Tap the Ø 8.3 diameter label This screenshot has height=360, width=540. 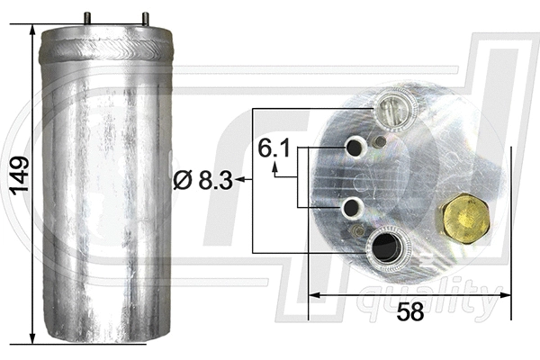(202, 181)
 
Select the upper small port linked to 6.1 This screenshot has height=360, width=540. (355, 146)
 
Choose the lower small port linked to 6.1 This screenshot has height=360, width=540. (351, 208)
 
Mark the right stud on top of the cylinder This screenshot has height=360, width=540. (144, 18)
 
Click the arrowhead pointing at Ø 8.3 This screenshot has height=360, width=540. (243, 181)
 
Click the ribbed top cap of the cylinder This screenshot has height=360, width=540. (106, 43)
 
